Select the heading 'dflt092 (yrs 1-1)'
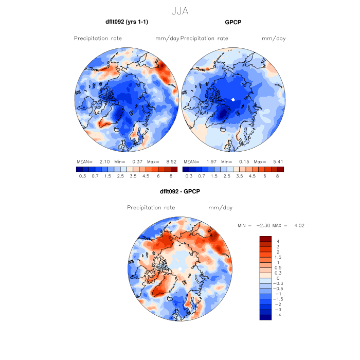click(127, 22)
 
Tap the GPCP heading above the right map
click(233, 22)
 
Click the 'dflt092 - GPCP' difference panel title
click(179, 191)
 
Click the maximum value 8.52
click(168, 161)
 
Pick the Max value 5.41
click(276, 161)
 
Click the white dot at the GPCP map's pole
click(233, 99)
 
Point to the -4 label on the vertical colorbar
click(278, 314)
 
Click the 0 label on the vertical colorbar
click(278, 278)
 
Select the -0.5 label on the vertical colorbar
click(279, 288)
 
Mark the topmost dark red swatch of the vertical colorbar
click(265, 239)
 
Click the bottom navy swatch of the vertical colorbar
click(265, 317)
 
